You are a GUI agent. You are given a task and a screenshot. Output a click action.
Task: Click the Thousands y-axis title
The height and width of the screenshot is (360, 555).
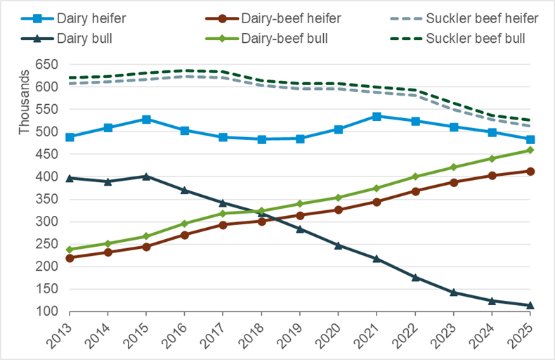click(25, 105)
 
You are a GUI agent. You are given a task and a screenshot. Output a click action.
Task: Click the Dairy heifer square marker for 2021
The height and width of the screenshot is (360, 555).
click(377, 116)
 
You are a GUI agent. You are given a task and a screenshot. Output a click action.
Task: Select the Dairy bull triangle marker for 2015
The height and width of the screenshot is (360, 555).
click(146, 176)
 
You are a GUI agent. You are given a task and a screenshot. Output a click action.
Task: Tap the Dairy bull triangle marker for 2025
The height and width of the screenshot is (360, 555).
click(530, 305)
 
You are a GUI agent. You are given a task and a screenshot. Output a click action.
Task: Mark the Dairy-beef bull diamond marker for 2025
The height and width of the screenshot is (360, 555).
click(530, 150)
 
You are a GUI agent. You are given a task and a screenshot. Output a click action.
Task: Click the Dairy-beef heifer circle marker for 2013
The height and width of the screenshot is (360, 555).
click(70, 258)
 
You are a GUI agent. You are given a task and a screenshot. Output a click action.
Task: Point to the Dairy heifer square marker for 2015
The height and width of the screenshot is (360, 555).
click(146, 120)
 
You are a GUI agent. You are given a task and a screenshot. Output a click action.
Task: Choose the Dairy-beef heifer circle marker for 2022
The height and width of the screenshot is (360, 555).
click(415, 191)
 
